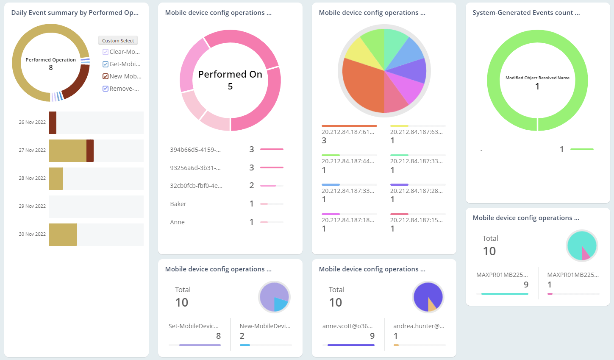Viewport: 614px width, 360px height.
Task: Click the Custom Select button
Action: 118,41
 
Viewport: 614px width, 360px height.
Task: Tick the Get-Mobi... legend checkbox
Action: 106,64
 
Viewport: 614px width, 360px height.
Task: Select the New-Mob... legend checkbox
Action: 106,76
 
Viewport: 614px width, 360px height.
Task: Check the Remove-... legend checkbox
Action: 106,89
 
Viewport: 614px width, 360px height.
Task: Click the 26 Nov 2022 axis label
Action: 32,122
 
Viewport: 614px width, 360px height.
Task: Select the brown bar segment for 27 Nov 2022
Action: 90,151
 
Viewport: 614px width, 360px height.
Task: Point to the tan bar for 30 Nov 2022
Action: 63,234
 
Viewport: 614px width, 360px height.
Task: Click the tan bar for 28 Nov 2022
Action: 56,179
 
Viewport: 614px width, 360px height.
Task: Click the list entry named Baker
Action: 178,204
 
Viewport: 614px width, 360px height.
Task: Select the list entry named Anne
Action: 177,222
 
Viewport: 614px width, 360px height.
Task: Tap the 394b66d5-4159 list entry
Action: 195,150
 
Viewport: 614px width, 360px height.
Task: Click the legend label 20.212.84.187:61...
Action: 348,132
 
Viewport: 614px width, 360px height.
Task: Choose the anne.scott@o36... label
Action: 347,326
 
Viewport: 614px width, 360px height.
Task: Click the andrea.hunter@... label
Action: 419,326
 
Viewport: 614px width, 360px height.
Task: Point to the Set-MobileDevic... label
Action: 194,326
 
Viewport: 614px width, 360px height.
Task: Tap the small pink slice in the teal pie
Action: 585,254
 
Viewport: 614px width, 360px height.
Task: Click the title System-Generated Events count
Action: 526,13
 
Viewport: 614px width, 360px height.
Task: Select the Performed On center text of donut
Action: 230,75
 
